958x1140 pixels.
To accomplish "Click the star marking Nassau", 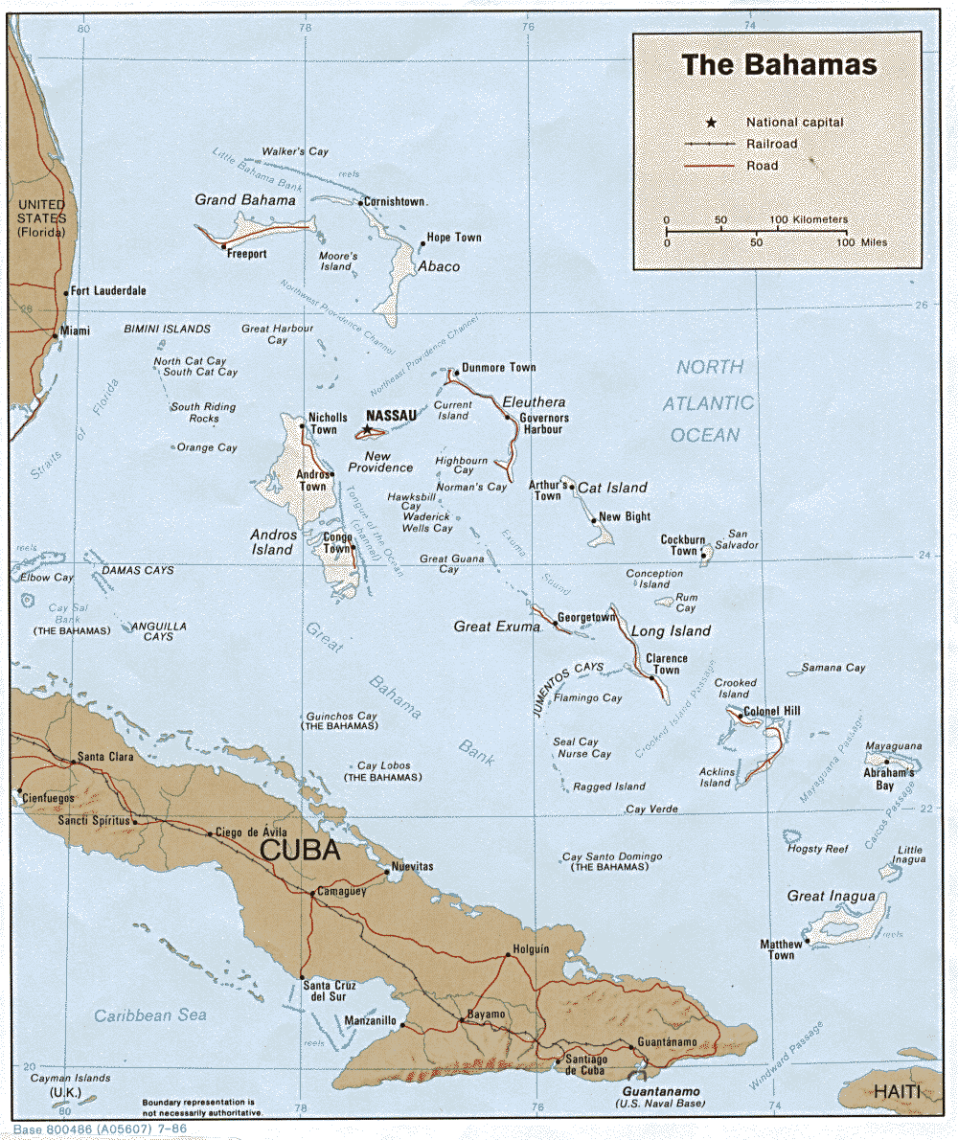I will pos(366,429).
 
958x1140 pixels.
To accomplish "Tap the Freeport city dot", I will pos(223,246).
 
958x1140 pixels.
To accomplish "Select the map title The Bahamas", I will pos(779,65).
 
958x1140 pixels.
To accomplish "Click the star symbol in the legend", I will pos(710,123).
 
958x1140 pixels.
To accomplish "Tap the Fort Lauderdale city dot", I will pos(65,293).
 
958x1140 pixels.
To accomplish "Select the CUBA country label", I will pos(300,851).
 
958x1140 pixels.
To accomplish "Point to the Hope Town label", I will pos(454,238).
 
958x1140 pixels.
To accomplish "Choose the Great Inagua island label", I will pos(832,896).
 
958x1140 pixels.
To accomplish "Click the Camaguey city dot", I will pos(312,894).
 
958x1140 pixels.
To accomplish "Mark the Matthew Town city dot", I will pos(808,941).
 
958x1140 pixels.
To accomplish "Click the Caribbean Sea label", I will pos(150,1015).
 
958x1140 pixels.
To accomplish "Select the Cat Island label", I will pos(612,488).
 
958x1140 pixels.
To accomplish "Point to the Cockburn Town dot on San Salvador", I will pos(703,555).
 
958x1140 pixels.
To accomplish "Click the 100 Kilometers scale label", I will pos(809,219).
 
